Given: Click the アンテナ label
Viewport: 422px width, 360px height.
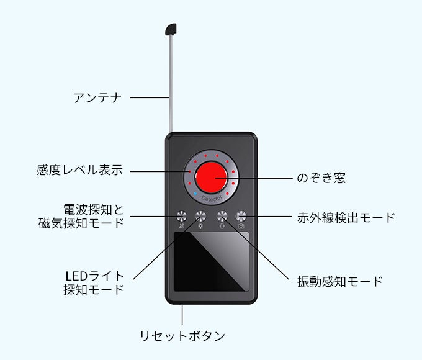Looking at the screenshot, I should click(x=97, y=97).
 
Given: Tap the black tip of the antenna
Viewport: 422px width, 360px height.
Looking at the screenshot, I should click(x=171, y=29).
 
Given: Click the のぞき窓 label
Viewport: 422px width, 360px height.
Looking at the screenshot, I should click(x=320, y=178).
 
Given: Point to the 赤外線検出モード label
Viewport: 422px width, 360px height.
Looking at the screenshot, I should click(x=346, y=217).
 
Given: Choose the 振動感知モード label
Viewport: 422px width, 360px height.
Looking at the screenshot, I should click(x=339, y=281).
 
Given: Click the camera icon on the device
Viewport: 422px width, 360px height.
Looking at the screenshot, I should click(x=241, y=227).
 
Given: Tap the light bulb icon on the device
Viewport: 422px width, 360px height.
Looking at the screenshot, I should click(x=200, y=227).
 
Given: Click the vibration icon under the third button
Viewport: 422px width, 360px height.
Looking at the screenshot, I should click(x=222, y=227).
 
